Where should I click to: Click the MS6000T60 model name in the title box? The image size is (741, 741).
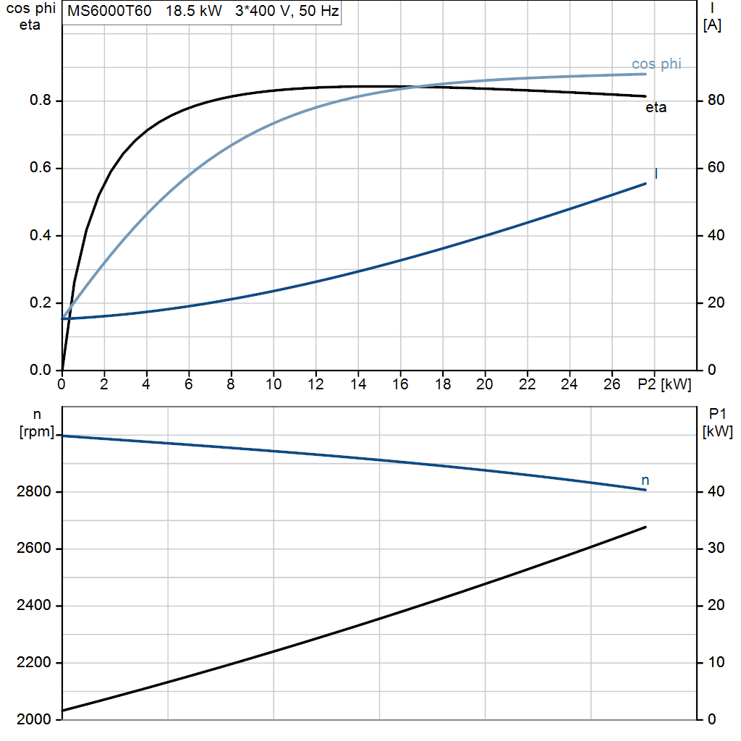pos(109,11)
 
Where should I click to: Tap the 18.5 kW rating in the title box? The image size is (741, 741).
pos(194,11)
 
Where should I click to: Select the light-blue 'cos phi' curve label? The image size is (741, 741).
pos(656,64)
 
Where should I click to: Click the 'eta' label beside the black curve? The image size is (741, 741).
pos(656,108)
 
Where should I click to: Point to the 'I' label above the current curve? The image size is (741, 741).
pos(656,174)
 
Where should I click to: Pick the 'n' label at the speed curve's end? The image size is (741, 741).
pos(645,480)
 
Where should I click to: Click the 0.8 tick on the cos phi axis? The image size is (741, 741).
pos(41,100)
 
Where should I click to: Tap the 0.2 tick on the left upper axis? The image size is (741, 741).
pos(41,302)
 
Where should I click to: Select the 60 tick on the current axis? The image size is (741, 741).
pos(716,167)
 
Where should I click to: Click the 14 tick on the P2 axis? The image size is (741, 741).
pos(358,384)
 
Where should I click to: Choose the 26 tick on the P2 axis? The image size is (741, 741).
pos(611,384)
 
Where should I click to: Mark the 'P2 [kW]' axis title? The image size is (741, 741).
pos(664,384)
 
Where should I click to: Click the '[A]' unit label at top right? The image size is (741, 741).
pos(712,25)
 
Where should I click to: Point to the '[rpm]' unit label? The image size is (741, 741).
pos(37,431)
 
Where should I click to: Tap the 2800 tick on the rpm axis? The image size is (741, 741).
pos(33,491)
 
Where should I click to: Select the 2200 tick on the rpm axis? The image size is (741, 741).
pos(33,663)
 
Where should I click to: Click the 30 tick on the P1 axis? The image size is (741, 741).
pos(716,548)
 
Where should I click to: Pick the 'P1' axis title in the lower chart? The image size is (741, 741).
pos(717,415)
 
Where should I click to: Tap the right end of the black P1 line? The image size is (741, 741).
pos(645,527)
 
